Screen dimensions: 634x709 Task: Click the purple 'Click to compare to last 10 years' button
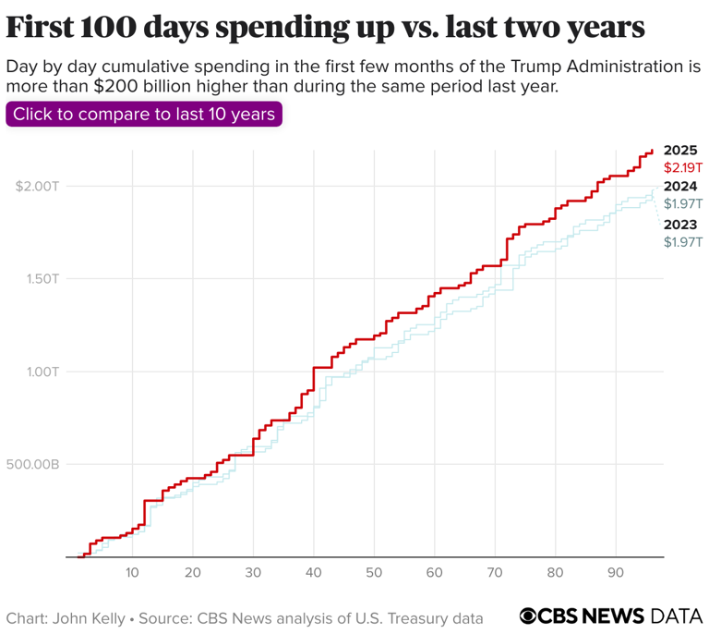[144, 115]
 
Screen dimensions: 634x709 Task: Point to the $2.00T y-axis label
[37, 186]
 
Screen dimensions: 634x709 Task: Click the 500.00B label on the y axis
[35, 464]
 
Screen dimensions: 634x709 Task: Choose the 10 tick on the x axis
[132, 572]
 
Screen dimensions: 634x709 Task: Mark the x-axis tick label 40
[314, 572]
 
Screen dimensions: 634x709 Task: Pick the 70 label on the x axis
[495, 572]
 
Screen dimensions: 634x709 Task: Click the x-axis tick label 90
[616, 572]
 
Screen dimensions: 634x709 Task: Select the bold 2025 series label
[680, 150]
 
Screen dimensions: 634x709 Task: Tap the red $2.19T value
[683, 168]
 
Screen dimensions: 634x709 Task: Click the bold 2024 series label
[680, 186]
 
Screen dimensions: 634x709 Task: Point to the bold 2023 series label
[680, 225]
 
